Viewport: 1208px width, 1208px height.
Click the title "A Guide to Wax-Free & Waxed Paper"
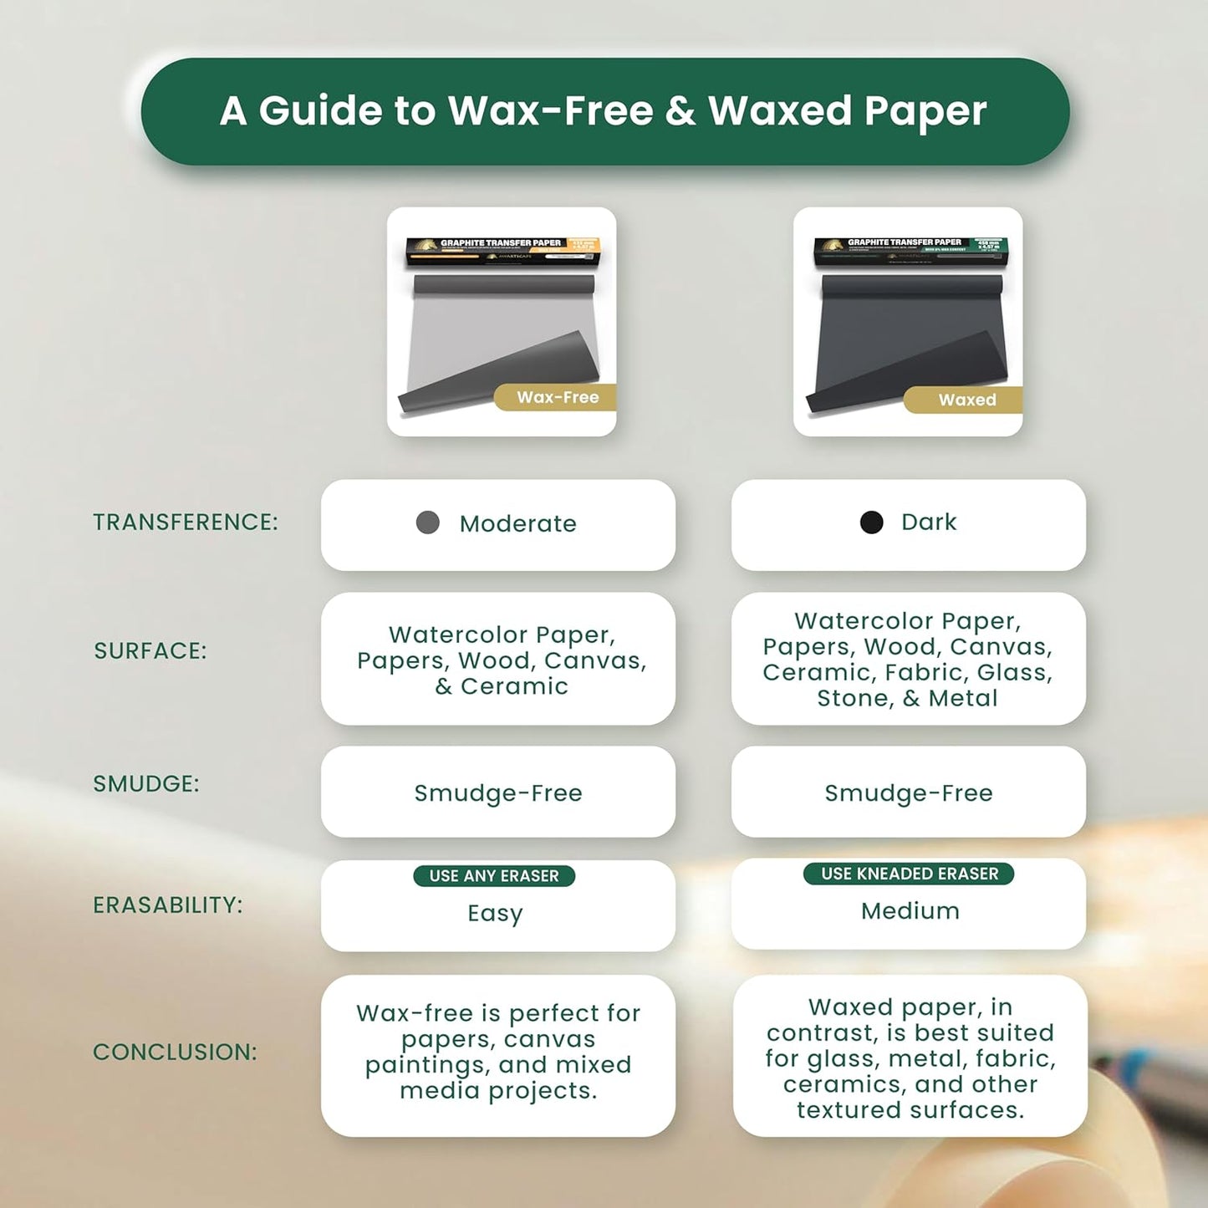coord(604,111)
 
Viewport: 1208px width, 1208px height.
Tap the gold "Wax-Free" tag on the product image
coord(558,398)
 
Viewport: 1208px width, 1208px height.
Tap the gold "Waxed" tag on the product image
coord(966,400)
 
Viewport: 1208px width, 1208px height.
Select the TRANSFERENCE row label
coord(185,522)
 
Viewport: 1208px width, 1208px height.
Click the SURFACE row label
coord(150,651)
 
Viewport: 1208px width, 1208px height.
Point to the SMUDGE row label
coord(146,784)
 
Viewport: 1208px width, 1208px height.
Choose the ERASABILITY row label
coord(167,905)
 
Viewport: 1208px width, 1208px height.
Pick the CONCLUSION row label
coord(175,1053)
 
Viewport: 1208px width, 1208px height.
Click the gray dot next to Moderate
coord(428,523)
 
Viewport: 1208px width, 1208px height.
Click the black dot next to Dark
coord(871,522)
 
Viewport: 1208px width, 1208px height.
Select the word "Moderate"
coord(517,524)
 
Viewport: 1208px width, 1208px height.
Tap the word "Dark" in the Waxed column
coord(929,522)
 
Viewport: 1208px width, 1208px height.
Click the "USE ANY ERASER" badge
coord(494,876)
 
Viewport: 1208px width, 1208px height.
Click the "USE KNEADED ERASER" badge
coord(909,874)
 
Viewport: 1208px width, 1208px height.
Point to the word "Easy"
coord(495,914)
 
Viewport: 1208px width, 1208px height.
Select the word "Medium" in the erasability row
coord(910,911)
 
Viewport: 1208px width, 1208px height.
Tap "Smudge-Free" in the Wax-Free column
coord(498,793)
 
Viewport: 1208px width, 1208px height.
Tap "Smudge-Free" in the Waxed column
coord(909,793)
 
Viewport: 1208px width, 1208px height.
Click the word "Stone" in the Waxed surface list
coord(852,699)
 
